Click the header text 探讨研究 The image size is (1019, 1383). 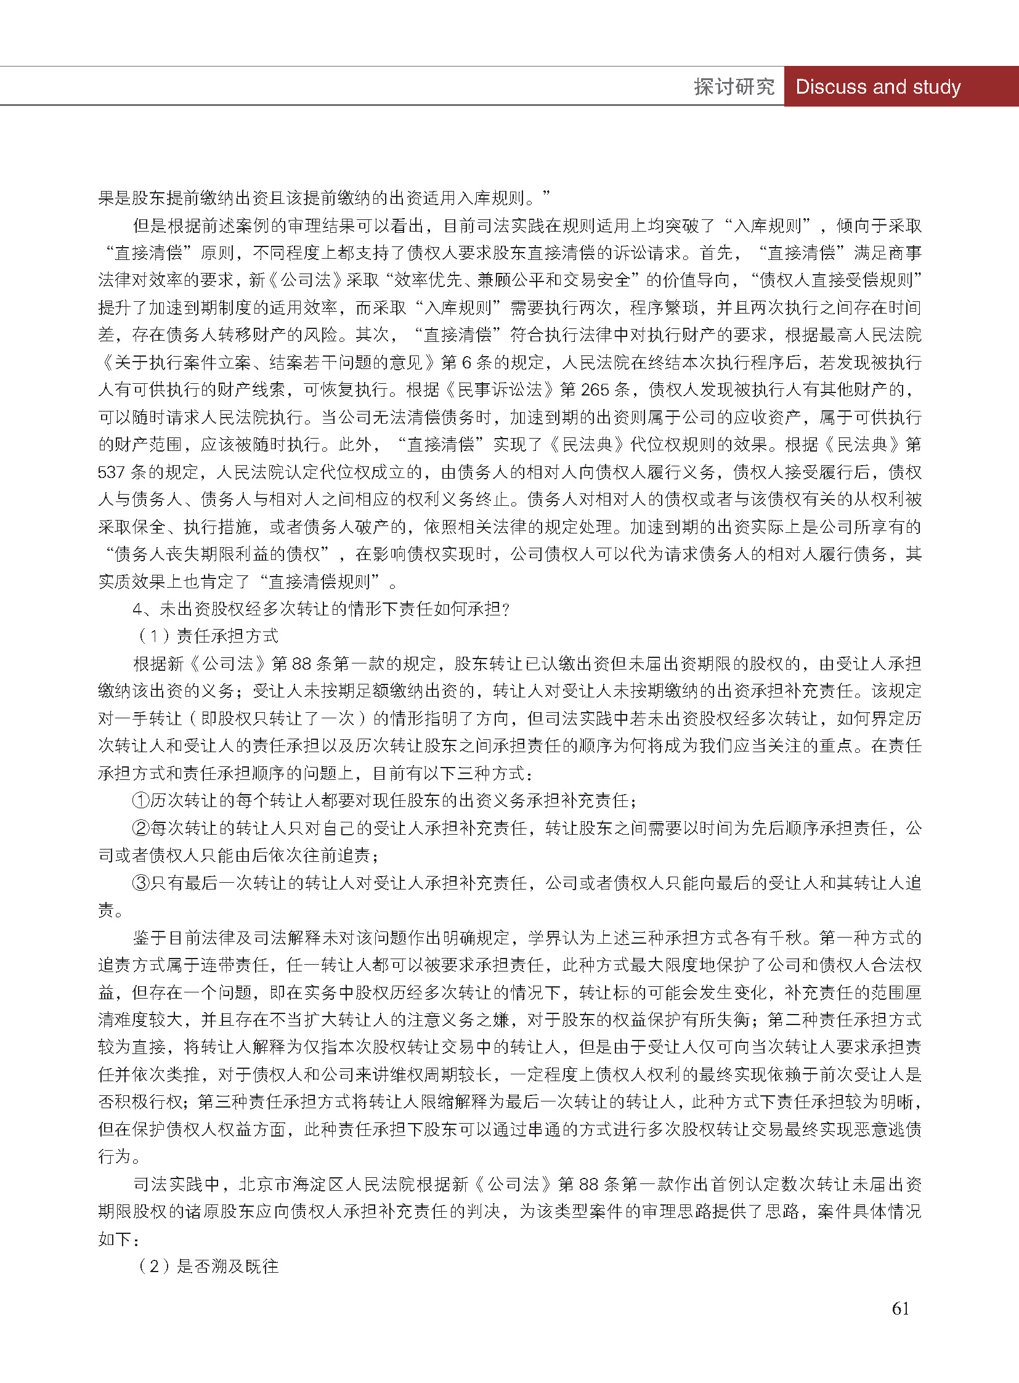733,87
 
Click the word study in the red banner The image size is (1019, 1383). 936,87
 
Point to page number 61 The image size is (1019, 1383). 900,1308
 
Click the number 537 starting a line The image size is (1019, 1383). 112,472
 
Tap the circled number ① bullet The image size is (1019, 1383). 141,801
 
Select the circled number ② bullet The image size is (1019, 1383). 141,828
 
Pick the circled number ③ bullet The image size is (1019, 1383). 141,883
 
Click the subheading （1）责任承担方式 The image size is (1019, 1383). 208,636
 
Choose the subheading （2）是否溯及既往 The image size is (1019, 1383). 208,1267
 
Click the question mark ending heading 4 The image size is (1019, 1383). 506,609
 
